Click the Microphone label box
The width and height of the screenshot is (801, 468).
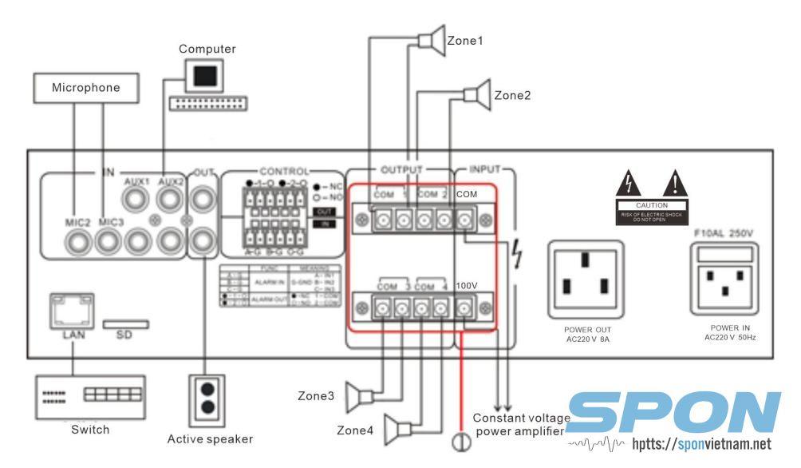tap(86, 87)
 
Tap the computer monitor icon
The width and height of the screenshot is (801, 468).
tap(205, 76)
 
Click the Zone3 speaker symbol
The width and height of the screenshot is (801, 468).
tap(365, 395)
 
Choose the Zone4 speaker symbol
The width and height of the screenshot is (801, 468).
tap(397, 430)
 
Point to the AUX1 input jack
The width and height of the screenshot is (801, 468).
tap(137, 200)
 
